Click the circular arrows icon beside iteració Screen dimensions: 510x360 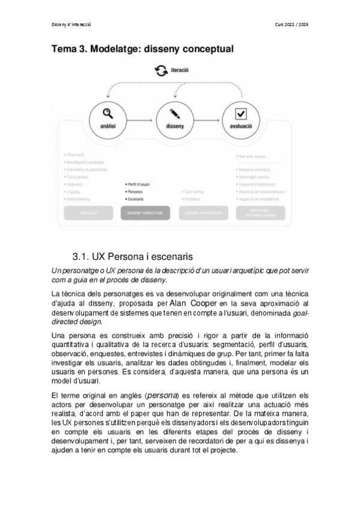[161, 72]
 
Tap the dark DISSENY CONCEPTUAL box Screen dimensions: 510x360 [145, 212]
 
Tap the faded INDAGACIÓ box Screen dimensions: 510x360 [88, 212]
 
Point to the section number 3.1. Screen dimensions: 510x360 [81, 255]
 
